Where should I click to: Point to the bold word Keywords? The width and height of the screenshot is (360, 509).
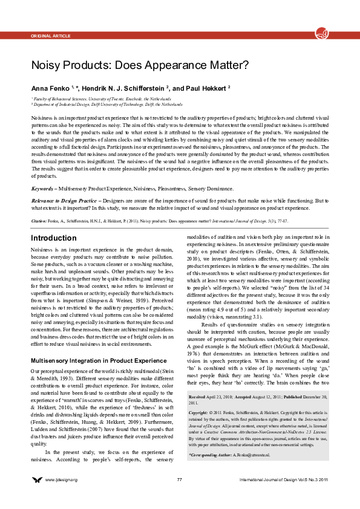[x=41, y=189]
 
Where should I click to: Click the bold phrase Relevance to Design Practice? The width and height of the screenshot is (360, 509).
[x=62, y=199]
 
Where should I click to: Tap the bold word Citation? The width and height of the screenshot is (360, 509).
[x=39, y=221]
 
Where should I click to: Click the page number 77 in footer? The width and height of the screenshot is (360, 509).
[x=180, y=479]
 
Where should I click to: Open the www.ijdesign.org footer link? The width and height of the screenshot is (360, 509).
[x=62, y=479]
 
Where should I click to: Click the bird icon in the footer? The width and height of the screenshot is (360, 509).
[x=37, y=479]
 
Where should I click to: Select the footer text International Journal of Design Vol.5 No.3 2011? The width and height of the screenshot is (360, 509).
[x=284, y=479]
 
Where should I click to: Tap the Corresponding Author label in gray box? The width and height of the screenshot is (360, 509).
[x=210, y=453]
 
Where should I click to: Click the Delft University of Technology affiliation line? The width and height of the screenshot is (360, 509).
[x=108, y=105]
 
